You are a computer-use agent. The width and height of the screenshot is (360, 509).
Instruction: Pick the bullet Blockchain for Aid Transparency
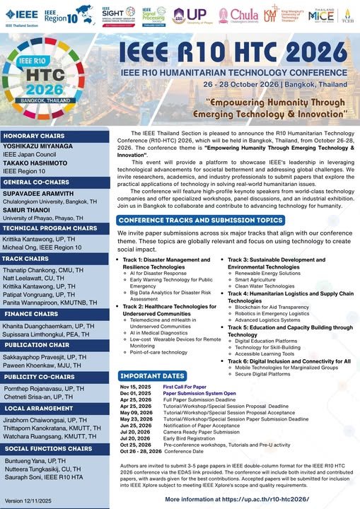[279, 308]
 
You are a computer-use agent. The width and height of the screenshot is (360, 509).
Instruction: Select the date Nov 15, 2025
[134, 387]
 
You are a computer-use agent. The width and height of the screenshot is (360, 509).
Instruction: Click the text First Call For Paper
[186, 387]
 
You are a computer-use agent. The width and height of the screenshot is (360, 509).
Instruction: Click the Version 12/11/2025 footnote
[28, 501]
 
